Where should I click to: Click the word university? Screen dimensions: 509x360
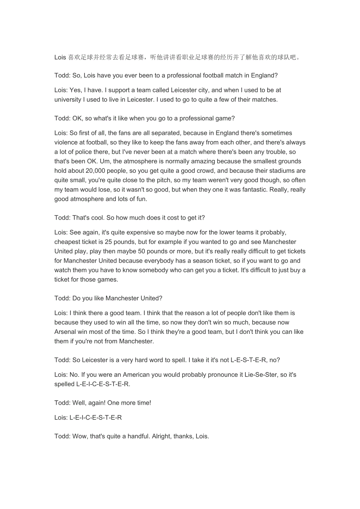[x=68, y=100]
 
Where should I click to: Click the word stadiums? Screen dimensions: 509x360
[x=274, y=171]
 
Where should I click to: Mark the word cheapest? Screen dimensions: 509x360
[x=67, y=242]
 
